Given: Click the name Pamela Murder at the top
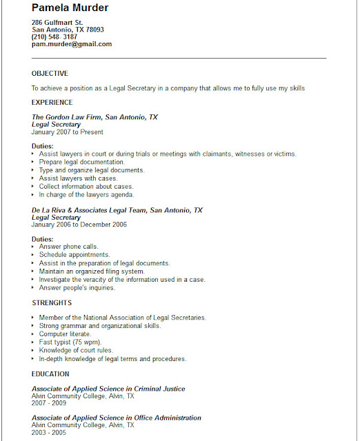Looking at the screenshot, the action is click(70, 8).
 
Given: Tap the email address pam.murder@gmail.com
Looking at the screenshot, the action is click(72, 44).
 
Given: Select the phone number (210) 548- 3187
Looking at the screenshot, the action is click(54, 37).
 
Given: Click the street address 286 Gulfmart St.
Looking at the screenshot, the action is click(57, 23).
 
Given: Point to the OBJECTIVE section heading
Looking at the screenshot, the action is click(50, 73).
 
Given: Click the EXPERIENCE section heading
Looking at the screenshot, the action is click(52, 103).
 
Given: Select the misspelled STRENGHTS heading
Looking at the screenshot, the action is click(52, 302).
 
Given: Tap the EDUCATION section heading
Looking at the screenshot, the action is click(50, 374).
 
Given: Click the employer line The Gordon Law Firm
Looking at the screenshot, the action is click(94, 117).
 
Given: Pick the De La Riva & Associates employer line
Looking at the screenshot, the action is click(117, 210).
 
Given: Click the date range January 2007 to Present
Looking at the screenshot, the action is click(68, 132).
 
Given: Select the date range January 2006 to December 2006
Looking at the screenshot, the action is click(79, 225).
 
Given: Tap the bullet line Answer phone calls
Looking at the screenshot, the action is click(68, 247).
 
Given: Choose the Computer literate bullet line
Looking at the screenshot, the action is click(65, 334).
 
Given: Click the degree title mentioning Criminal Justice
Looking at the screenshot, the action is click(108, 389).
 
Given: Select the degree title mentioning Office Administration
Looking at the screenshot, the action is click(117, 418).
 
